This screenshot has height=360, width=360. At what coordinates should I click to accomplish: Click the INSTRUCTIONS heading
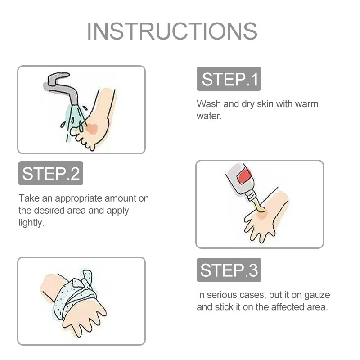[x=172, y=31]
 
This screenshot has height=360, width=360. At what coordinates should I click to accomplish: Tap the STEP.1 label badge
[x=229, y=79]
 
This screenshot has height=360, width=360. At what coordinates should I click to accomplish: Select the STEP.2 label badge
[x=51, y=173]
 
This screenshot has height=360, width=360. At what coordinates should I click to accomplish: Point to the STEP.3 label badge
[x=229, y=270]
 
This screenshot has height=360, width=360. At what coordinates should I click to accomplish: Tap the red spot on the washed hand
[x=92, y=129]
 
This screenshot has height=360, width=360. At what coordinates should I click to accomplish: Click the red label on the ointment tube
[x=245, y=176]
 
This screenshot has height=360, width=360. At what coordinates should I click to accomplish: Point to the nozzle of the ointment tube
[x=252, y=196]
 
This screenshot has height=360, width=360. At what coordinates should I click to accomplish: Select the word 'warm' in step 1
[x=306, y=104]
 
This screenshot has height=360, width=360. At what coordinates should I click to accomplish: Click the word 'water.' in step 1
[x=209, y=116]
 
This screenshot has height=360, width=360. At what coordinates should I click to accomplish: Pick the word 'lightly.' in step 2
[x=31, y=223]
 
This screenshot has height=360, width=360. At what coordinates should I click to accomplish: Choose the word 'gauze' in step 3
[x=317, y=295]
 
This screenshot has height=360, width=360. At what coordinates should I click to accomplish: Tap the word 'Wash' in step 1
[x=209, y=104]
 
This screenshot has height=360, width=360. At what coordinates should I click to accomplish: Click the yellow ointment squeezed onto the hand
[x=260, y=206]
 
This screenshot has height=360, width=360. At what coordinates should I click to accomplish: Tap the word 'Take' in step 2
[x=29, y=198]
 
